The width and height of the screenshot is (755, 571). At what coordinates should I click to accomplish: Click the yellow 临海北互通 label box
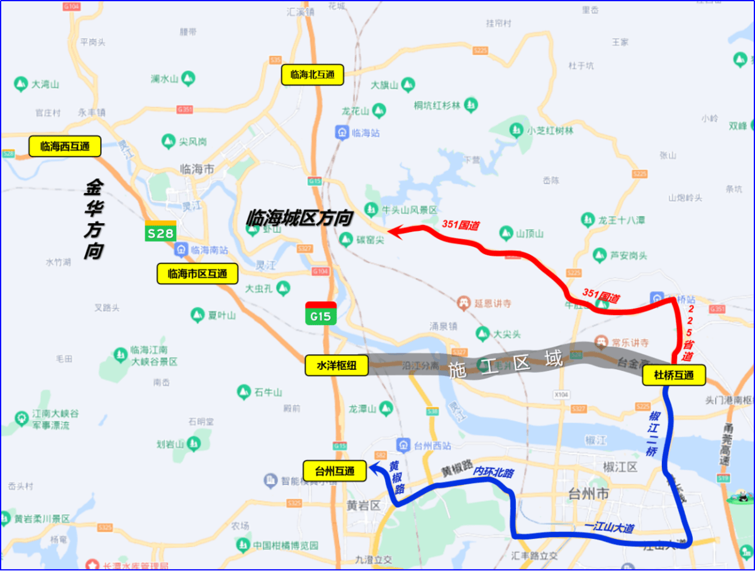(312, 75)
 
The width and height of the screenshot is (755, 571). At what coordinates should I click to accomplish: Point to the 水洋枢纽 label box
(337, 365)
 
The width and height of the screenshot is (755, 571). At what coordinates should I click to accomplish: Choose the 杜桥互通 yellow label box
(673, 375)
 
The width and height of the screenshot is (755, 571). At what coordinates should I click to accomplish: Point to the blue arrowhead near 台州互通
(372, 466)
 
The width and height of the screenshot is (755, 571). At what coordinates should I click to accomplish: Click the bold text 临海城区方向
(299, 218)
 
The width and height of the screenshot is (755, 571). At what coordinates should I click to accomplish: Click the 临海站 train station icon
(342, 133)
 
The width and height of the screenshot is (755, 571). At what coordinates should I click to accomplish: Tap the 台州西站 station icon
(405, 446)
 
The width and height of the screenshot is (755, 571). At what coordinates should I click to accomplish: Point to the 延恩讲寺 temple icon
(465, 303)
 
